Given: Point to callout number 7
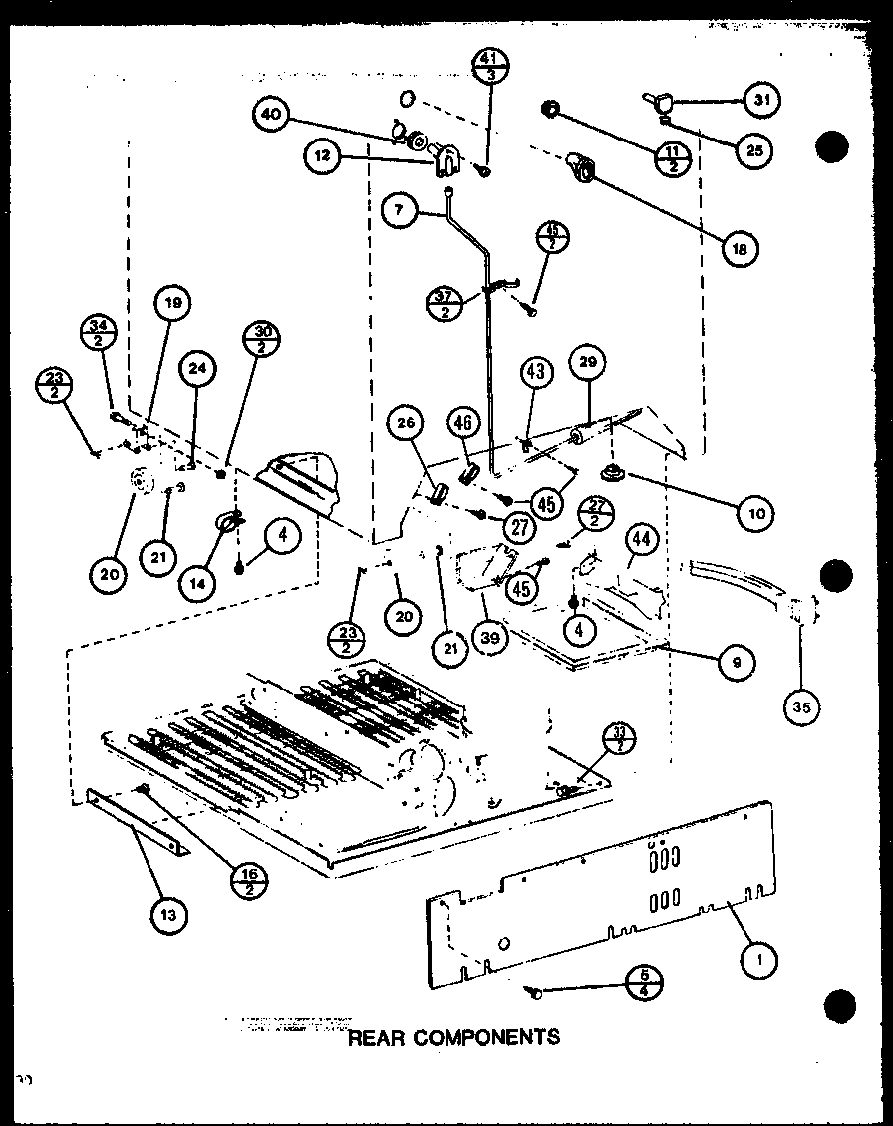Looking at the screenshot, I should point(399,211).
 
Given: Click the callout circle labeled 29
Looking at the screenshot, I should point(587,363).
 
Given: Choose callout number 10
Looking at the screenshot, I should point(755,513).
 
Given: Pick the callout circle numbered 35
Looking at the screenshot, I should point(802,706).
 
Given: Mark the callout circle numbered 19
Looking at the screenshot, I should point(173,302).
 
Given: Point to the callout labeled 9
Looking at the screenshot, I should point(736,660).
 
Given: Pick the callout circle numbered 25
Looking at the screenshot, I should point(756,149).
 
